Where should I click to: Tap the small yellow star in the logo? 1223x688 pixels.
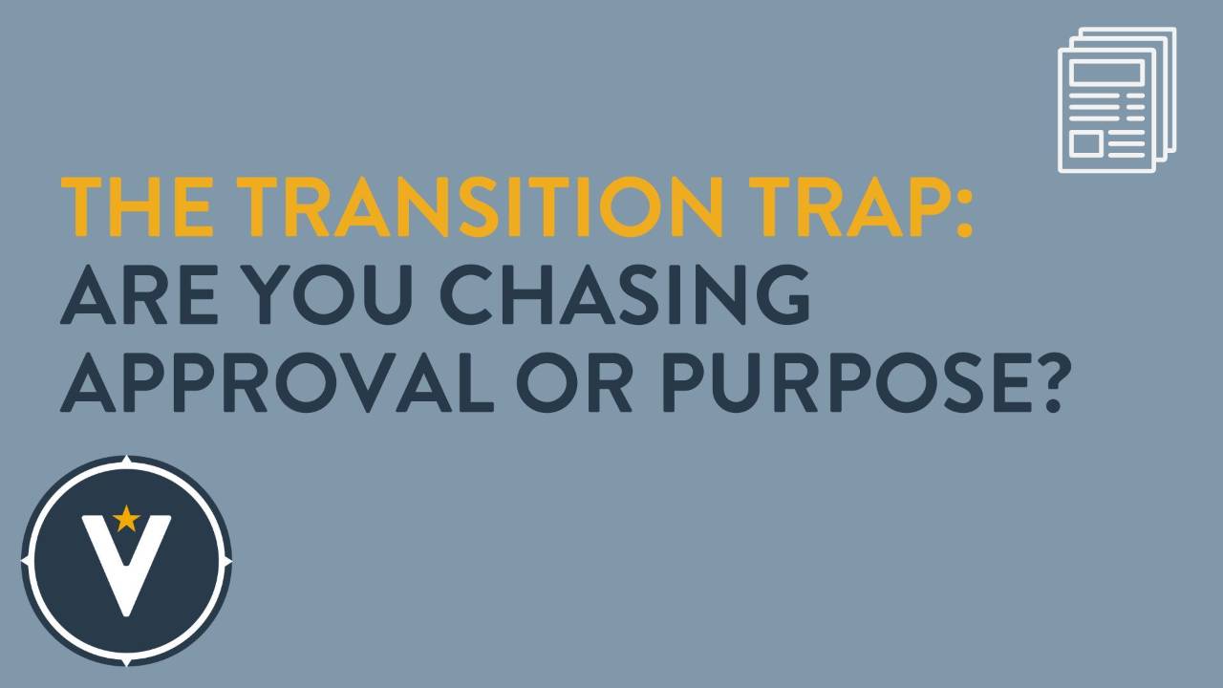(125, 519)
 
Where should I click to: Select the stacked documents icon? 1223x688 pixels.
(1116, 100)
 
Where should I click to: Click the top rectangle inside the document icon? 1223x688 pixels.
(1106, 73)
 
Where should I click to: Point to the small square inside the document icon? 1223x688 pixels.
(1085, 143)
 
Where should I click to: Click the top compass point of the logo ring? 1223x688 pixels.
(126, 461)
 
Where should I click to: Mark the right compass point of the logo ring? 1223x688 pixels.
(228, 562)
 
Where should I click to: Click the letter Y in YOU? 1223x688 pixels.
(272, 295)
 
